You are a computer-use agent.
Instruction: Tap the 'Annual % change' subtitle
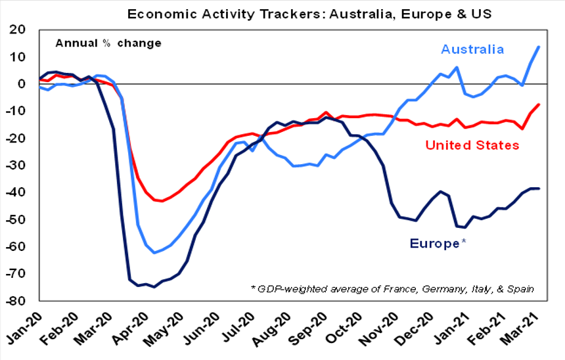click(108, 43)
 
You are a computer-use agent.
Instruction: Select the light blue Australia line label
click(472, 49)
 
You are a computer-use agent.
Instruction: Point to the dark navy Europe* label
click(438, 243)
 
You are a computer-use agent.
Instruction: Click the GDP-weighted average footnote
click(392, 289)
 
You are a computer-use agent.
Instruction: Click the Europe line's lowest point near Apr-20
click(154, 287)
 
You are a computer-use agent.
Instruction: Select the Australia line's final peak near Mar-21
click(539, 47)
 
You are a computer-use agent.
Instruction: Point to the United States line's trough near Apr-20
click(162, 201)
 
